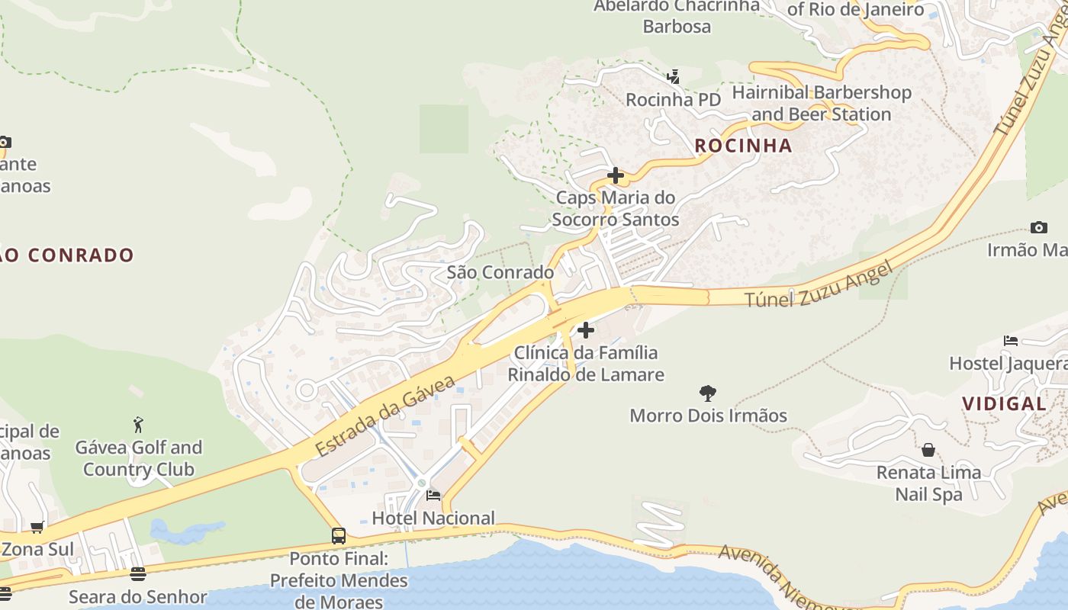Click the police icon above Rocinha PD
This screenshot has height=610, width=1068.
click(673, 77)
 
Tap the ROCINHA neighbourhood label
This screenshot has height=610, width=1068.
click(743, 146)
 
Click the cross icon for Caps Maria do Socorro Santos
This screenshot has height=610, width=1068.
click(615, 176)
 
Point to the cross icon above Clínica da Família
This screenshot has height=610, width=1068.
click(586, 330)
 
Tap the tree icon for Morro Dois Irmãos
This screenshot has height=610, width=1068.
click(708, 393)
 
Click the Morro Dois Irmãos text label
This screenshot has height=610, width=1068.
click(708, 416)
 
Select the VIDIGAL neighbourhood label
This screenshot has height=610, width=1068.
click(1003, 404)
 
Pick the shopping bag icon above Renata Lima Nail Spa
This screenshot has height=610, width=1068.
click(928, 450)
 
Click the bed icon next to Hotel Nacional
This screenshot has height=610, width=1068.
click(433, 496)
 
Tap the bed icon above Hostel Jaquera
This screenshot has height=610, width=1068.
click(1011, 341)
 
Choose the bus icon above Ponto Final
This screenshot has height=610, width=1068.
click(339, 536)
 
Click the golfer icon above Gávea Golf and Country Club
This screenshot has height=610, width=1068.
click(138, 425)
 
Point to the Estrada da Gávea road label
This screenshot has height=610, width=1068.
click(385, 416)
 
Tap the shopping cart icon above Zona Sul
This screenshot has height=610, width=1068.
click(37, 527)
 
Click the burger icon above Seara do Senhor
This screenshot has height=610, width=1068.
click(137, 574)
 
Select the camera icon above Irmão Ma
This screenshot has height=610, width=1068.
click(1038, 227)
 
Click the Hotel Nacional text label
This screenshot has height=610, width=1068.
click(433, 518)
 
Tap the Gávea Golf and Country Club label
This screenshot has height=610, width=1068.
click(138, 458)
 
